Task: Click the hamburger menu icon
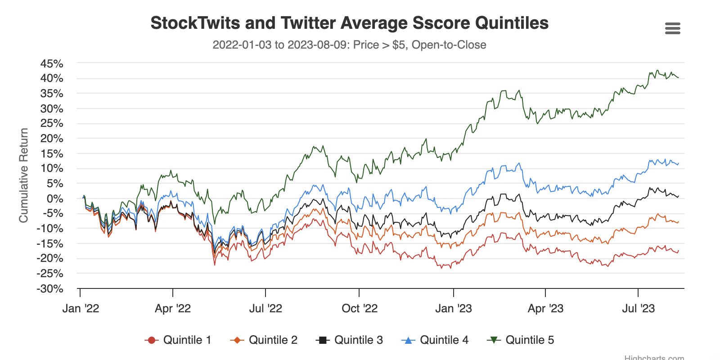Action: pyautogui.click(x=672, y=29)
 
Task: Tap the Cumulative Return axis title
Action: pyautogui.click(x=23, y=175)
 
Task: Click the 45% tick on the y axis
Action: pyautogui.click(x=52, y=64)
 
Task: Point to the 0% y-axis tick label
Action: pyautogui.click(x=55, y=198)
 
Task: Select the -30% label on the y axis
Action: pyautogui.click(x=50, y=288)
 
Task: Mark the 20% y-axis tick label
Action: pyautogui.click(x=52, y=139)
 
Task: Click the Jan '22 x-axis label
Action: pyautogui.click(x=81, y=308)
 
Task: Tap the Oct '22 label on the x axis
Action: pyautogui.click(x=360, y=308)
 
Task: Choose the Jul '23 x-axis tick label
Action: pyautogui.click(x=638, y=308)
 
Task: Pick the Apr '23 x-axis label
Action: pyautogui.click(x=545, y=308)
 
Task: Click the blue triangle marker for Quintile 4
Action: pyautogui.click(x=408, y=340)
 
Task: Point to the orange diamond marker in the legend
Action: pyautogui.click(x=237, y=340)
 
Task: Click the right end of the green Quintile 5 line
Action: pyautogui.click(x=678, y=78)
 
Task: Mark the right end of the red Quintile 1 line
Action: pyautogui.click(x=678, y=251)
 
